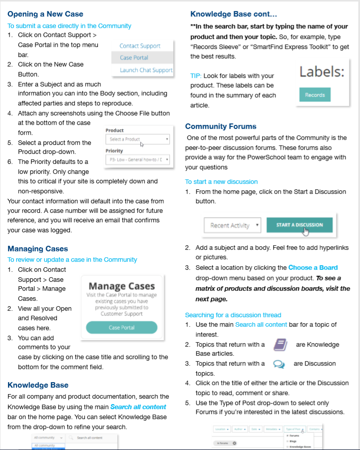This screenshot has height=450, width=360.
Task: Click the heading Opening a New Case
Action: point(45,14)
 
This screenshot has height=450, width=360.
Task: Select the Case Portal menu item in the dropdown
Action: point(134,57)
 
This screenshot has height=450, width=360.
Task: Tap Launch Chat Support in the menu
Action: point(146,70)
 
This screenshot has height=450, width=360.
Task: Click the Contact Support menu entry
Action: point(140,45)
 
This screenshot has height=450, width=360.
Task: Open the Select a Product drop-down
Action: point(137,139)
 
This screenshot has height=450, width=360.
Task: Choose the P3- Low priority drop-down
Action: point(137,160)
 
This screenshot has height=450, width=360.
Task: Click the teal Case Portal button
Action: point(121,328)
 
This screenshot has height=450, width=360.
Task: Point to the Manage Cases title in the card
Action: point(121,286)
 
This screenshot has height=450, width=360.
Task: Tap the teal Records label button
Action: point(315,94)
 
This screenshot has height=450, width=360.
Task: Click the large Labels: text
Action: point(322,72)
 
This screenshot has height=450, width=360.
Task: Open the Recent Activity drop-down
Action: point(232,225)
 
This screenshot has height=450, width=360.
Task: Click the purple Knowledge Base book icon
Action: point(280,345)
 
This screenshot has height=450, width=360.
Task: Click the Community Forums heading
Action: point(221,126)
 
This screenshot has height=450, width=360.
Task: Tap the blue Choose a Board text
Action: point(313,268)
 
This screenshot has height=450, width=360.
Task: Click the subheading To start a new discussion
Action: point(221,181)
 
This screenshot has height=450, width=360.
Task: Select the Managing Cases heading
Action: point(38,249)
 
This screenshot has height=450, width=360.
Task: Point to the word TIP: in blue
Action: point(195,75)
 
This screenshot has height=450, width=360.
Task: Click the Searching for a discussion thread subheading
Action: point(233,315)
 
